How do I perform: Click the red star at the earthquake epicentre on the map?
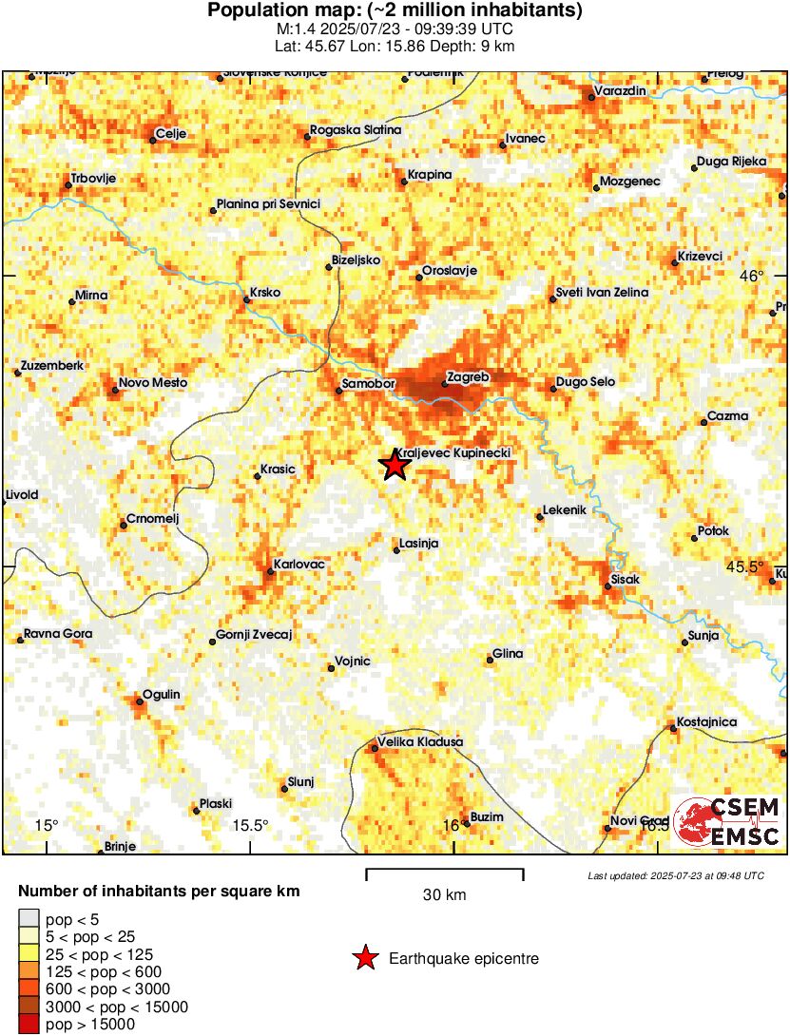394,466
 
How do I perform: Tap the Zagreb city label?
468,377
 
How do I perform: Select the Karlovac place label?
299,565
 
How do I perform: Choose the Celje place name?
172,133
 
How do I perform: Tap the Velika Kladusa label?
420,741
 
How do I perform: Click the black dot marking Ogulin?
138,702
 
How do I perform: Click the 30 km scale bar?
444,870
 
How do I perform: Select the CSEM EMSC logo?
727,822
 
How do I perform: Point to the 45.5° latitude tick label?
744,566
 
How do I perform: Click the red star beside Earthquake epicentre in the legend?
365,959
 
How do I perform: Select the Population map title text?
395,11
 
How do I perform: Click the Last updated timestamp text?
676,875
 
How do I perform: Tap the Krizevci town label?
701,257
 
